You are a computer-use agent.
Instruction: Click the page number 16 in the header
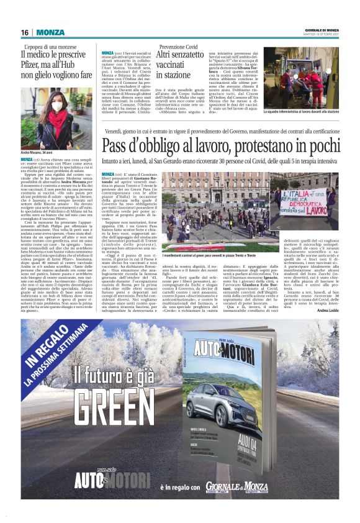[25, 32]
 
